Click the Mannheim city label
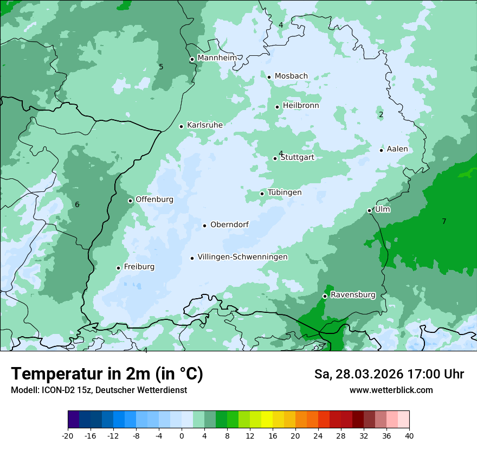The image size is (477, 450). click(x=217, y=57)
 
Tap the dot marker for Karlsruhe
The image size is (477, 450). click(x=182, y=126)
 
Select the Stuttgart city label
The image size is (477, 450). click(x=297, y=157)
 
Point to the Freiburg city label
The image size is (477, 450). click(x=139, y=267)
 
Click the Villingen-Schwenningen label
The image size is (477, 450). click(x=242, y=257)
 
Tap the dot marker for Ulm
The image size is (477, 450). click(x=370, y=210)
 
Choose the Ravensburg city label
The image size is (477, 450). click(x=353, y=295)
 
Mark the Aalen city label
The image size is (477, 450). click(x=397, y=149)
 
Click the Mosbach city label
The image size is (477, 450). click(x=291, y=76)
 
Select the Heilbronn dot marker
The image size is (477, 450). click(x=278, y=107)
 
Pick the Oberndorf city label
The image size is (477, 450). click(x=229, y=224)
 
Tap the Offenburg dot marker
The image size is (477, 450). click(x=131, y=201)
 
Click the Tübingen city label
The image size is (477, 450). click(x=285, y=192)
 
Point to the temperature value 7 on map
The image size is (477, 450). click(x=444, y=221)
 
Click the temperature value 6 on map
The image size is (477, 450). click(x=77, y=204)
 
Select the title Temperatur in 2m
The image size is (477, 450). click(x=107, y=374)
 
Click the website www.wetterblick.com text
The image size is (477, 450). click(x=391, y=390)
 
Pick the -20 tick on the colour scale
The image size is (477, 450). click(x=68, y=436)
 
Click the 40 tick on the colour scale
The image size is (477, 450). click(x=409, y=436)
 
